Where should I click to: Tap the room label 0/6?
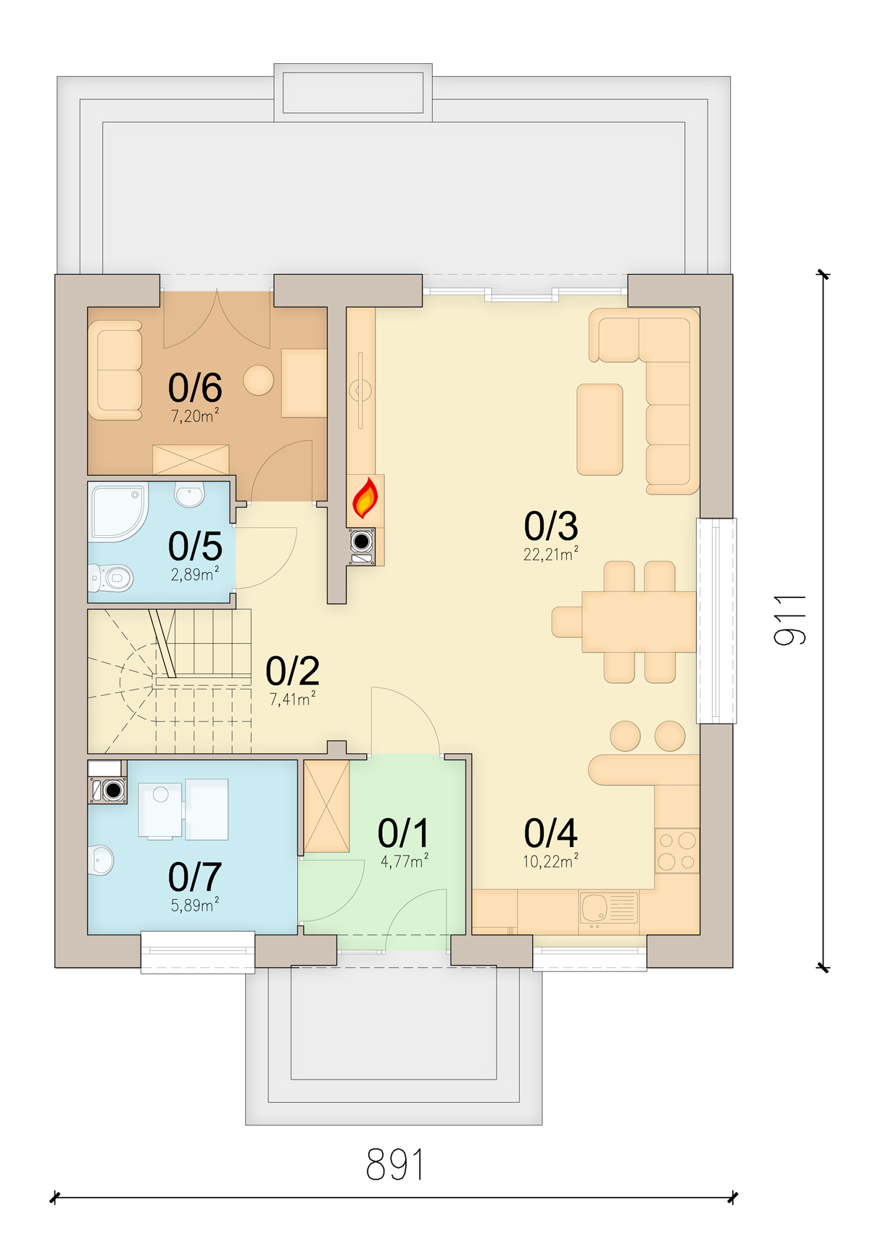pyautogui.click(x=195, y=388)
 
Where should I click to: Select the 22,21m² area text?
pyautogui.click(x=550, y=555)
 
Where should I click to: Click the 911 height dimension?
pyautogui.click(x=790, y=620)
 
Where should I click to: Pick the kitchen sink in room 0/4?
pyautogui.click(x=608, y=908)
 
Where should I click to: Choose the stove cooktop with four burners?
pyautogui.click(x=677, y=850)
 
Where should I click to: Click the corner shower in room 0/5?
pyautogui.click(x=117, y=512)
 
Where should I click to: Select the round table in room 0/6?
pyautogui.click(x=258, y=380)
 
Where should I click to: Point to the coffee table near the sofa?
pyautogui.click(x=600, y=429)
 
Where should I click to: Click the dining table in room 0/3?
pyautogui.click(x=638, y=622)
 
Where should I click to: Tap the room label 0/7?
pyautogui.click(x=195, y=877)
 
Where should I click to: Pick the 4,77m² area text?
pyautogui.click(x=404, y=861)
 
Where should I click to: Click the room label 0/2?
pyautogui.click(x=292, y=671)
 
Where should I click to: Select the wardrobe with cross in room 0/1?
pyautogui.click(x=326, y=806)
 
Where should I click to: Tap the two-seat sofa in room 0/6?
pyautogui.click(x=115, y=370)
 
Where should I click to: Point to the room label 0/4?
pyautogui.click(x=550, y=833)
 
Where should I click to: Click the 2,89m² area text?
pyautogui.click(x=194, y=575)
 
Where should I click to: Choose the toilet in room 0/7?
pyautogui.click(x=101, y=861)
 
